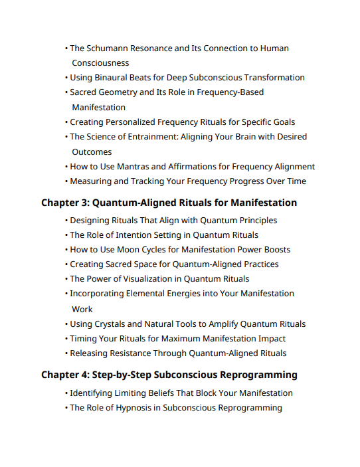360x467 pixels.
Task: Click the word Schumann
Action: (109, 48)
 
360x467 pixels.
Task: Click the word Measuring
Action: (92, 181)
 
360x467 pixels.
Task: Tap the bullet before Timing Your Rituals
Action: (66, 339)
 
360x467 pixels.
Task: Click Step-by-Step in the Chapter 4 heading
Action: (125, 375)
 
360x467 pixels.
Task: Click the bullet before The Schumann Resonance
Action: (66, 48)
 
